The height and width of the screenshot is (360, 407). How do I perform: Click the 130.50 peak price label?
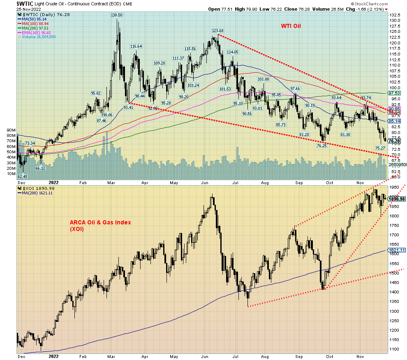[x=117, y=15]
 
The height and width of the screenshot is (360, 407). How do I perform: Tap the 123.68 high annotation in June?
[x=217, y=31]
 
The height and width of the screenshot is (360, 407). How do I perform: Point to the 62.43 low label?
[x=23, y=177]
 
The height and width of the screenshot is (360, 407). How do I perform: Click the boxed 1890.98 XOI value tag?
[x=397, y=199]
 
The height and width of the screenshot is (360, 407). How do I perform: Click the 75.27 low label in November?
[x=380, y=148]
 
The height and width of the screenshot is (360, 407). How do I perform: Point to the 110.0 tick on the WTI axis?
[x=395, y=65]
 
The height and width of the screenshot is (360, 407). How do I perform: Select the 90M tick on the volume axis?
[x=11, y=130]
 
